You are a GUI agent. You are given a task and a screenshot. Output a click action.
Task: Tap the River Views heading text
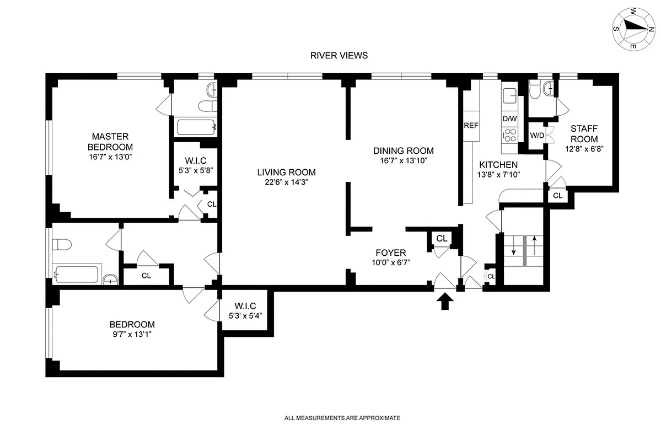pyautogui.click(x=338, y=55)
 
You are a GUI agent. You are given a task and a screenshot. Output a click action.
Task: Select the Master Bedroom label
pyautogui.click(x=110, y=142)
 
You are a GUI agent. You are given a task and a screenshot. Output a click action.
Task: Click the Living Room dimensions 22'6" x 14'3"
pyautogui.click(x=286, y=182)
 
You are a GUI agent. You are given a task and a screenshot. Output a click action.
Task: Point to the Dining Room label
pyautogui.click(x=403, y=150)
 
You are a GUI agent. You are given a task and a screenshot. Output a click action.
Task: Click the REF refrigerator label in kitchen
pyautogui.click(x=471, y=125)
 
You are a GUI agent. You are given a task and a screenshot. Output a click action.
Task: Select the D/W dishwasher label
pyautogui.click(x=509, y=119)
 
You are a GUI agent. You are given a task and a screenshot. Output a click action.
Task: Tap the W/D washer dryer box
pyautogui.click(x=536, y=136)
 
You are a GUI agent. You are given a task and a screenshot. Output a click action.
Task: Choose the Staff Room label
pyautogui.click(x=584, y=133)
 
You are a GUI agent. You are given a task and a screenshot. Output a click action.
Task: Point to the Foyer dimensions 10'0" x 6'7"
pyautogui.click(x=391, y=263)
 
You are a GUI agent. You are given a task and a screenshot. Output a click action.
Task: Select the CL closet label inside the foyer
pyautogui.click(x=442, y=238)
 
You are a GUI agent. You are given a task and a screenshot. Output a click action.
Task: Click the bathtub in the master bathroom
pyautogui.click(x=196, y=127)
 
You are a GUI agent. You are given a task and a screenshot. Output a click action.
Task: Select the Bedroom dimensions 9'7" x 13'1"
pyautogui.click(x=132, y=334)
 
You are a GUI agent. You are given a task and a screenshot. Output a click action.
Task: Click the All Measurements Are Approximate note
pyautogui.click(x=342, y=418)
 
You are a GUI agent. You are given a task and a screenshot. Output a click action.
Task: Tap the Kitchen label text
pyautogui.click(x=498, y=165)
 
